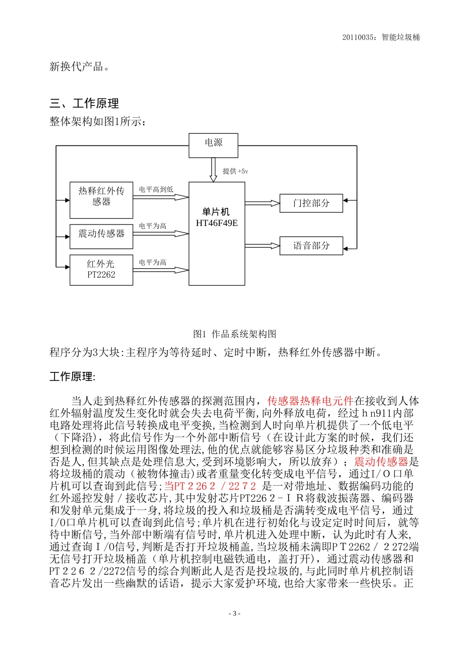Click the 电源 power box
(x=213, y=145)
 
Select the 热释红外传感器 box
(x=101, y=200)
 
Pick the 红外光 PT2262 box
(x=101, y=270)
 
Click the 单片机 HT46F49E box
(x=217, y=234)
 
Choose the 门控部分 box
(x=311, y=203)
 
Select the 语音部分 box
(x=311, y=246)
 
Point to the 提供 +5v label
(x=235, y=171)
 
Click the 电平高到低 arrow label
(x=156, y=189)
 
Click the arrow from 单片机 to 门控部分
(x=262, y=203)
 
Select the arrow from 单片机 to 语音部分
(x=262, y=246)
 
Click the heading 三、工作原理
(x=84, y=103)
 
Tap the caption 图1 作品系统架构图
(x=234, y=334)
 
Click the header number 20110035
(x=359, y=37)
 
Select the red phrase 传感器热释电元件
(x=310, y=401)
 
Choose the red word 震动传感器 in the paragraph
(x=381, y=462)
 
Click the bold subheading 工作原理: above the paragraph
(x=73, y=377)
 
